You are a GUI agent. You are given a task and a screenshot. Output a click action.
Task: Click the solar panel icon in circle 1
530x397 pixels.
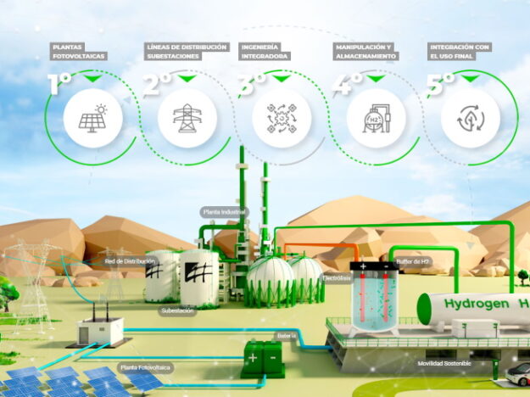tap(92, 119)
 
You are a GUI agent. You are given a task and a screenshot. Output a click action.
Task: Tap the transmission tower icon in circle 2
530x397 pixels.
tap(186, 119)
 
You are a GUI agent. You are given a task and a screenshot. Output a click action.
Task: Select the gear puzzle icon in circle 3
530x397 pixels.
tap(281, 119)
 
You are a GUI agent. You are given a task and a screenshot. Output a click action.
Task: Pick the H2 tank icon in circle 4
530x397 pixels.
tap(375, 119)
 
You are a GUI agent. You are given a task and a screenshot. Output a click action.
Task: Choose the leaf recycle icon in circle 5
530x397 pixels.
tap(470, 119)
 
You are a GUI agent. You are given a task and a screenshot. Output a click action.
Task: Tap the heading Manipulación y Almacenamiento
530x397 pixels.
tap(365, 53)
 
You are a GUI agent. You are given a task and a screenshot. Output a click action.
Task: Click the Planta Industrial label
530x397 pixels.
tap(223, 210)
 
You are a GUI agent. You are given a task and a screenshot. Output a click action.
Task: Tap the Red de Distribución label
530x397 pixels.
tap(130, 261)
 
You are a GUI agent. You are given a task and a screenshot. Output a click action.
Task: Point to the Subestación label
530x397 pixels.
tap(177, 310)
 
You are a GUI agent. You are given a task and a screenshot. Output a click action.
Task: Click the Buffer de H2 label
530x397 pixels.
tap(414, 261)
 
